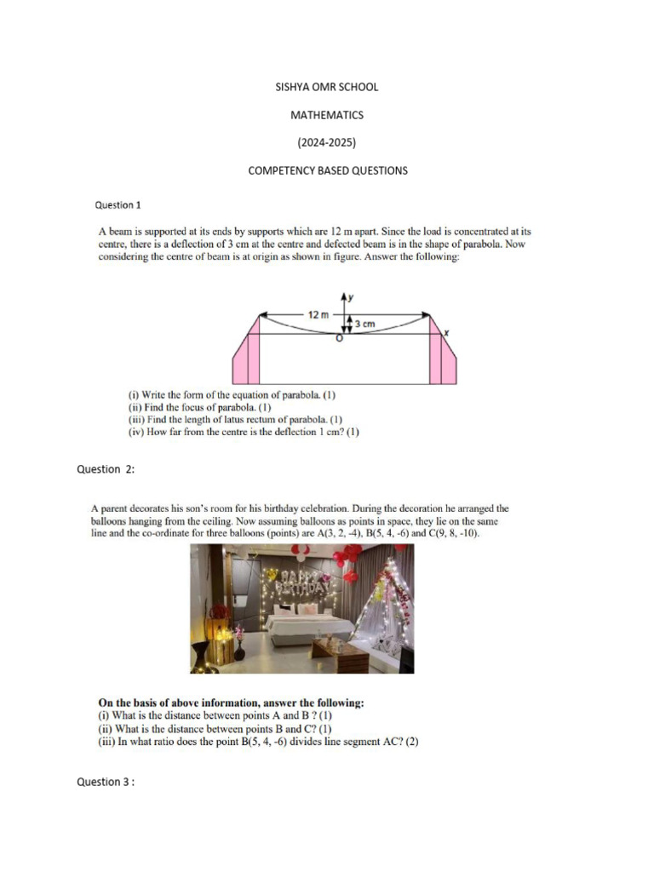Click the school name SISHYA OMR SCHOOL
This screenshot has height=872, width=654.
(327, 87)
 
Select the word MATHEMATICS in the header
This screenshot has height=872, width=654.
(327, 115)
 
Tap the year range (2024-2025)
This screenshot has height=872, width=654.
(327, 142)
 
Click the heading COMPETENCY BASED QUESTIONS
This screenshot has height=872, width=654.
(327, 170)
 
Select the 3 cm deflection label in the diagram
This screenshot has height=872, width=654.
(364, 324)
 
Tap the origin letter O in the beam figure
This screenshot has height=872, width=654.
(339, 340)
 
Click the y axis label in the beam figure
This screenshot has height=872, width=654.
(351, 296)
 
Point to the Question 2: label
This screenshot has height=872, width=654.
(106, 469)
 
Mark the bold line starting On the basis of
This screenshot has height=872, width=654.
(232, 703)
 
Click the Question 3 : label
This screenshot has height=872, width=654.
(106, 782)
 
